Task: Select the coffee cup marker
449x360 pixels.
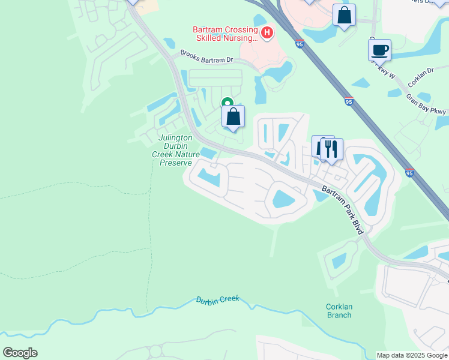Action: click(379, 50)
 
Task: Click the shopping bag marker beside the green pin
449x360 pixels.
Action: click(234, 116)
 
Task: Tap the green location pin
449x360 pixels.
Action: click(227, 104)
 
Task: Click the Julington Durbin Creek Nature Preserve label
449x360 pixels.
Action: click(175, 150)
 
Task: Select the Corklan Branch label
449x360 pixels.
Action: click(339, 310)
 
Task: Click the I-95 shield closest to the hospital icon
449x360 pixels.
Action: click(300, 44)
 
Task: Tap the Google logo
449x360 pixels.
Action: click(20, 353)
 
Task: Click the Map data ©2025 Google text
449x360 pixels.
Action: click(411, 355)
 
